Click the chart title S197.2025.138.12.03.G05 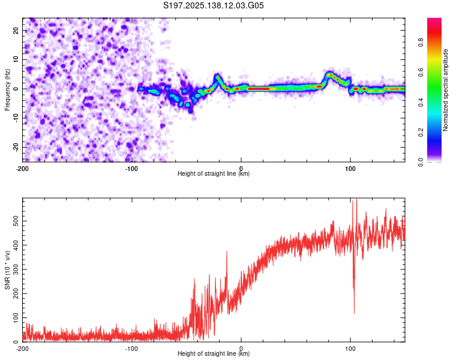(213, 5)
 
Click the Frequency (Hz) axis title (7, 90)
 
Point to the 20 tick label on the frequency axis (16, 30)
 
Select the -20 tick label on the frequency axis (16, 148)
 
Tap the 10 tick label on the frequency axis (16, 59)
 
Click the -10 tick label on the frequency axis (16, 118)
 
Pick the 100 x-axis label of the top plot (350, 169)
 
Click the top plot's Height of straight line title (214, 173)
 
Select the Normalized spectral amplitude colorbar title (445, 90)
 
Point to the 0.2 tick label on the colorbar (421, 132)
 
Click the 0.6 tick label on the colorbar (421, 73)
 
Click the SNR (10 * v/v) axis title (7, 270)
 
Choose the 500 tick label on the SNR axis (16, 221)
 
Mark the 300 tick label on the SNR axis (16, 269)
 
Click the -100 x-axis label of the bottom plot (131, 349)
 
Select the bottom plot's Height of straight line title (214, 353)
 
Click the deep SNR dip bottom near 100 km (354, 313)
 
